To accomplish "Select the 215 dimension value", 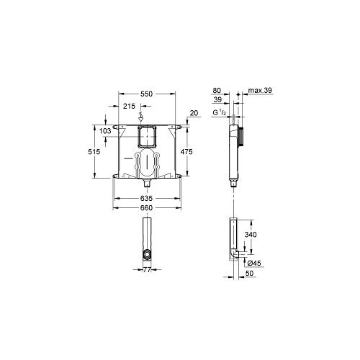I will (130, 107).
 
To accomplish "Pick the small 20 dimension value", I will (194, 112).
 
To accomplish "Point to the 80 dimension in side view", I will (218, 91).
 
